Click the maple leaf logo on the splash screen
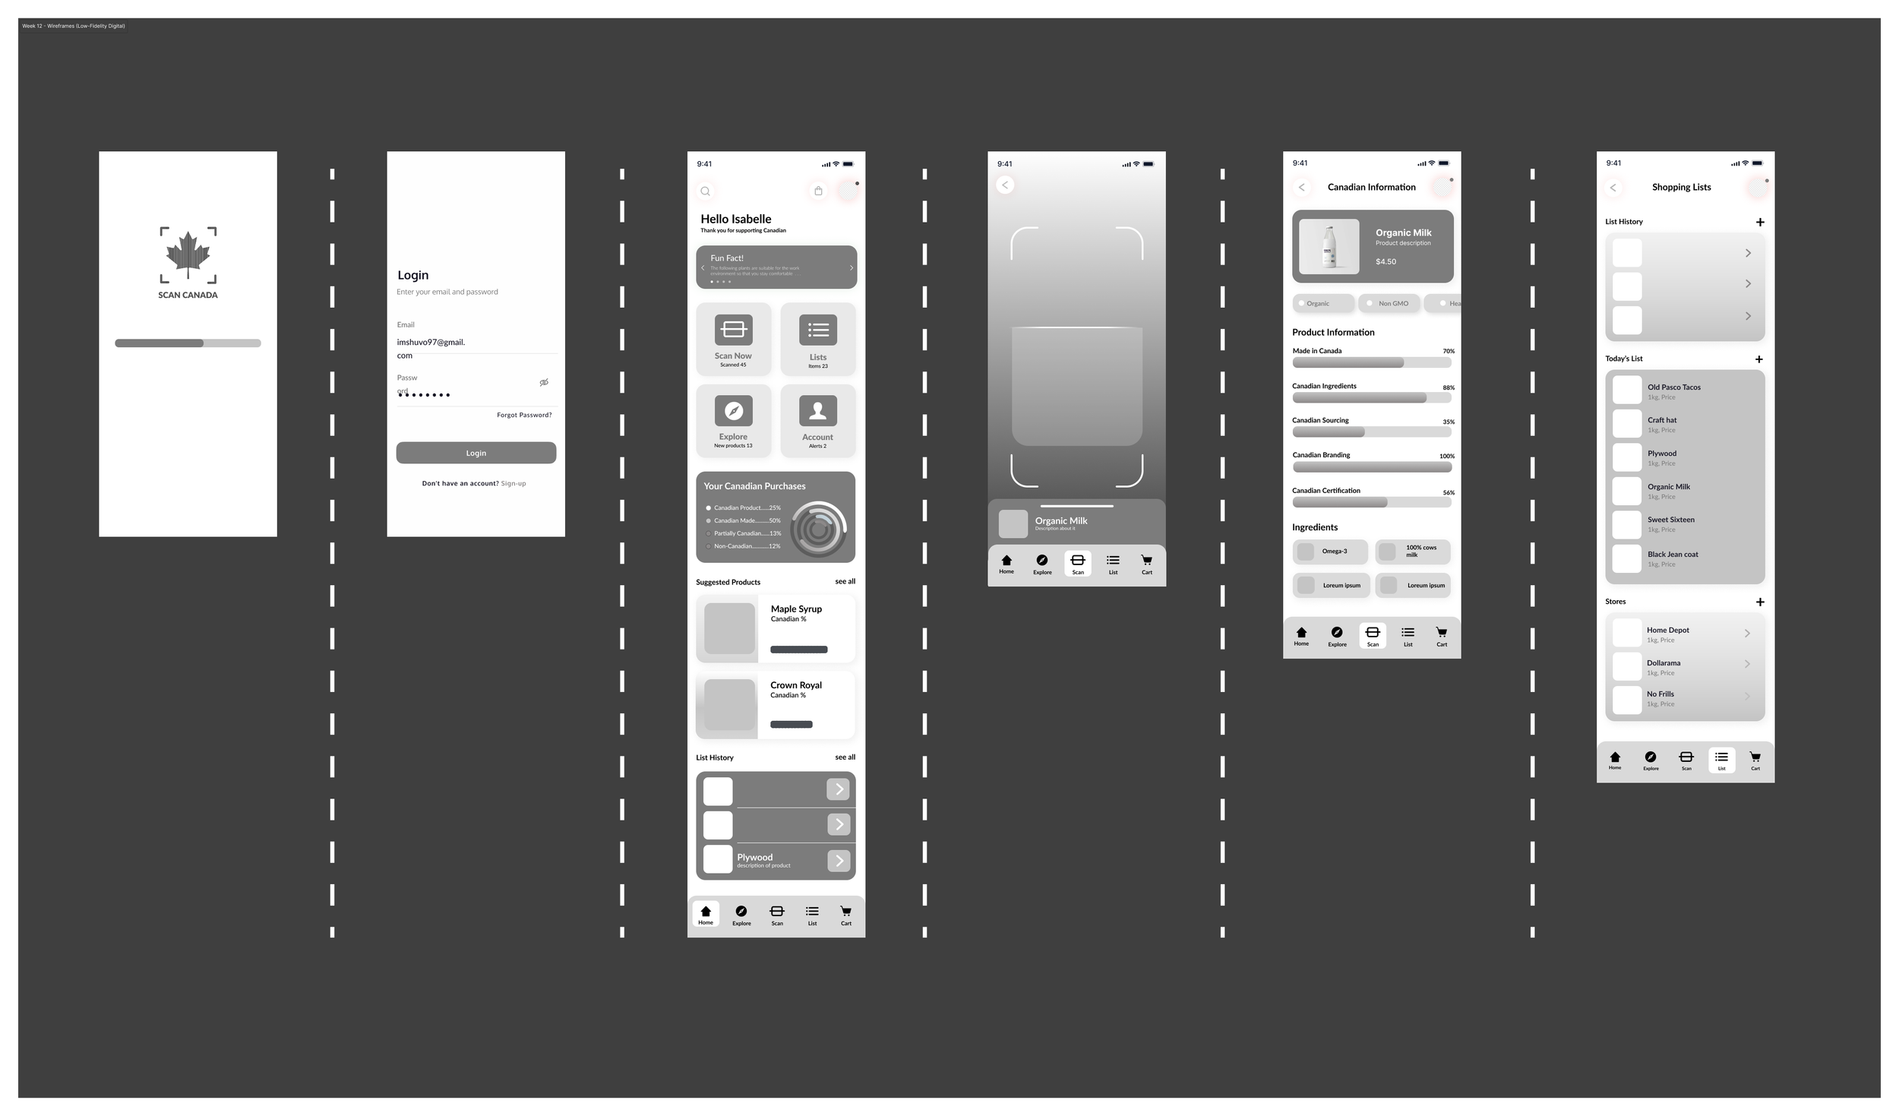[188, 254]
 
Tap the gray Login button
[476, 453]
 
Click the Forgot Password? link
[524, 415]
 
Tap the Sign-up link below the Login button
[513, 483]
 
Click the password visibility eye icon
[544, 382]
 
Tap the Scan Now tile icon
[733, 330]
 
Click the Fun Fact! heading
[727, 258]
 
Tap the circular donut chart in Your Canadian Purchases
[818, 529]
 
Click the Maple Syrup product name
[796, 609]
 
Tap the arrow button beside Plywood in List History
[839, 860]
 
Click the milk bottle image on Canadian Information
[1329, 247]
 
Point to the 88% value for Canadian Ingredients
[1448, 387]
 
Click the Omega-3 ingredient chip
[1330, 552]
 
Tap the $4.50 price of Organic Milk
[1386, 261]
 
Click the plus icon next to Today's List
[1759, 359]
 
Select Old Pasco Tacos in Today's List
[1673, 387]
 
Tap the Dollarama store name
[1664, 663]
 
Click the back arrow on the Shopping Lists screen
[1613, 188]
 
